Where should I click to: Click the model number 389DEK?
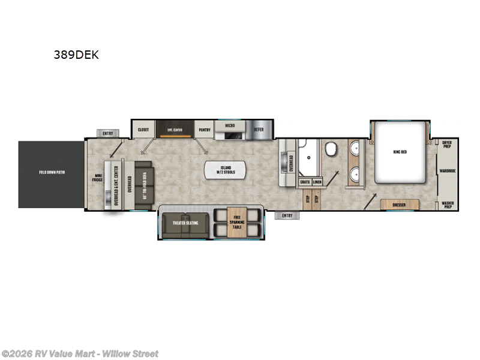pos(76,55)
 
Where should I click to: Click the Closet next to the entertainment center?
pos(143,129)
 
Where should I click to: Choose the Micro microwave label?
pos(229,127)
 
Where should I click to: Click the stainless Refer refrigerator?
pos(259,129)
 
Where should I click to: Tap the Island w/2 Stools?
pos(226,170)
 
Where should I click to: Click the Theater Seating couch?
pos(186,223)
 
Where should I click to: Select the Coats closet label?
pos(305,181)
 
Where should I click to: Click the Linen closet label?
pos(317,181)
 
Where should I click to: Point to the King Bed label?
pos(400,152)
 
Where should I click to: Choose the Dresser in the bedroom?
pos(398,205)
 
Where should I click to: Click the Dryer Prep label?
pos(446,145)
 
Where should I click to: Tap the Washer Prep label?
pos(446,205)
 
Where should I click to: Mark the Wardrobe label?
pos(447,170)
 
